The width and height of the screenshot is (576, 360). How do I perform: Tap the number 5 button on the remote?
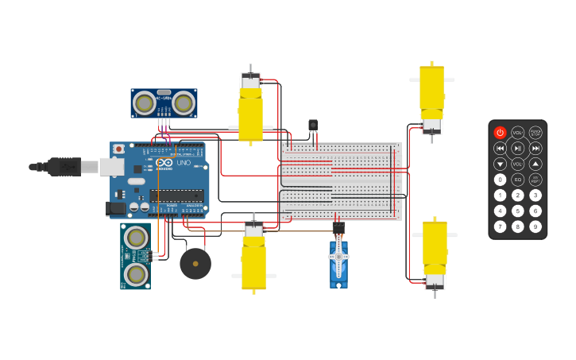click(x=518, y=211)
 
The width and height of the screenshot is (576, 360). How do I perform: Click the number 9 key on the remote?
click(x=535, y=226)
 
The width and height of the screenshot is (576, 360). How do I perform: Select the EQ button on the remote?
click(x=518, y=180)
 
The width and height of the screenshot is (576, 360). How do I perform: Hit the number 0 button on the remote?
click(x=500, y=180)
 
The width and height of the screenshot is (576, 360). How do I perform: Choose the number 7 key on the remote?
click(x=500, y=226)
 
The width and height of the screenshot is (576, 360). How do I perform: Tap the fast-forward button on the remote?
click(x=535, y=148)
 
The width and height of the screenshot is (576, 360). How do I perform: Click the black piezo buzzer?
click(x=195, y=264)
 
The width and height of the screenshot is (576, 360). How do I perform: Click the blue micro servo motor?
click(x=338, y=262)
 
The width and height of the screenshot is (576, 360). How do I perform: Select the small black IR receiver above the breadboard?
click(x=312, y=125)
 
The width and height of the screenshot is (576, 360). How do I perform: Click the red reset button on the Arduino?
click(x=119, y=149)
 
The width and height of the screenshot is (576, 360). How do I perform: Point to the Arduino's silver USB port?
click(x=110, y=167)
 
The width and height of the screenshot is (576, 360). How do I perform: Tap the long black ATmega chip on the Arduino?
click(x=176, y=195)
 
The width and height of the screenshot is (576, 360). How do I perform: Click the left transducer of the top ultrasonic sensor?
click(x=145, y=103)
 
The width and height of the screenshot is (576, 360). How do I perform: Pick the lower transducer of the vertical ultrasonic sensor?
click(x=136, y=274)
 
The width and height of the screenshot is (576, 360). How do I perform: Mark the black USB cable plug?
click(x=64, y=167)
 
